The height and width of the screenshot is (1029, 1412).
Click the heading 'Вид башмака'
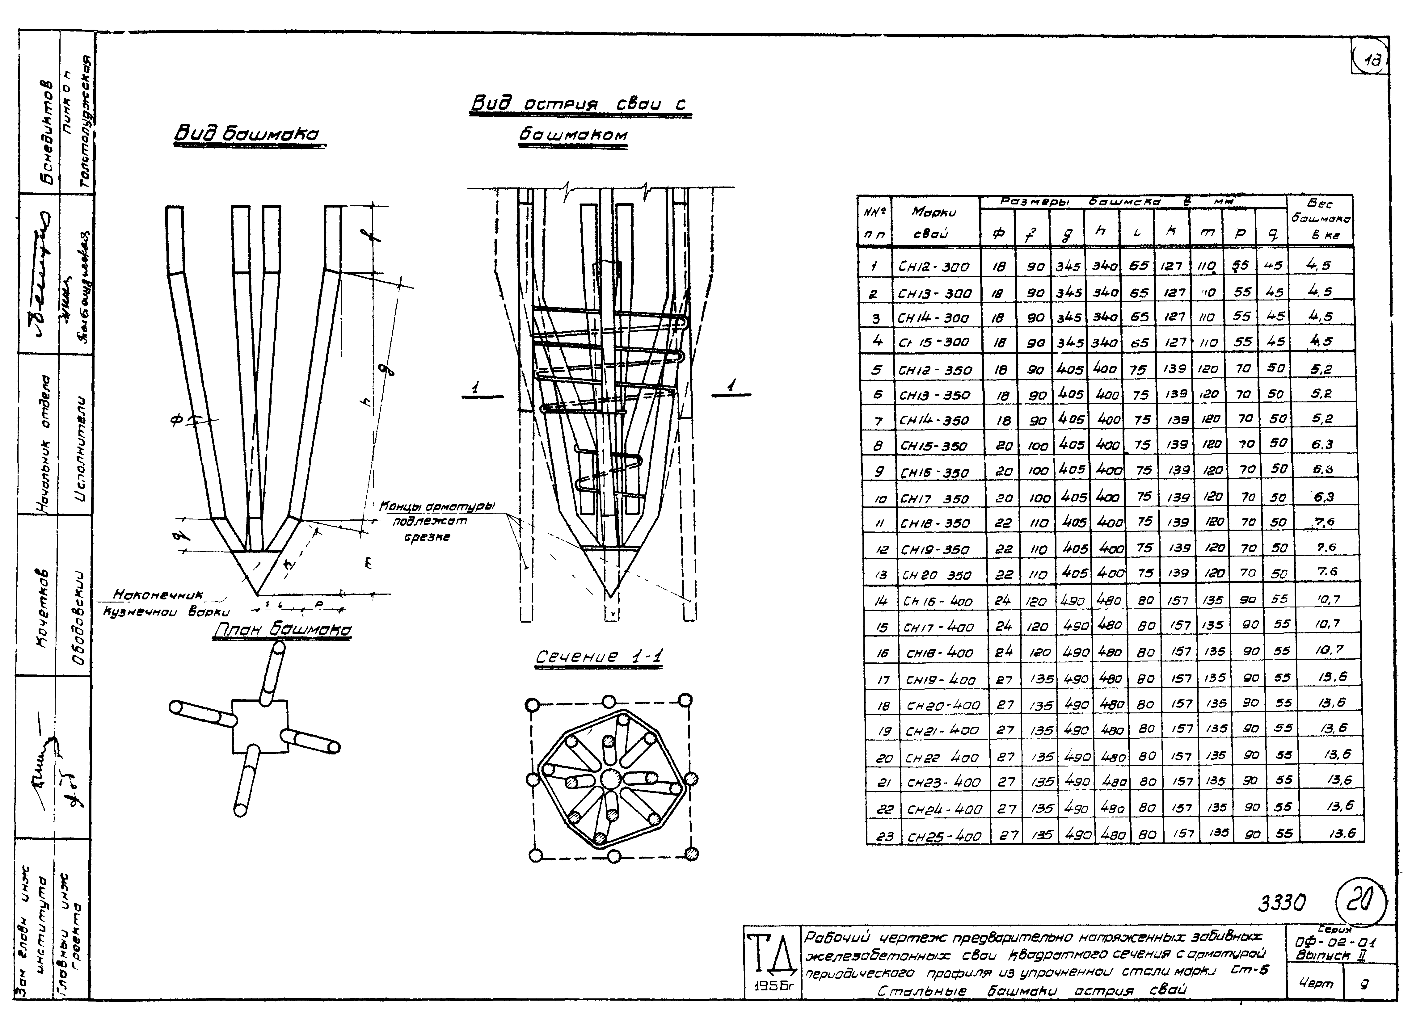click(x=249, y=134)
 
